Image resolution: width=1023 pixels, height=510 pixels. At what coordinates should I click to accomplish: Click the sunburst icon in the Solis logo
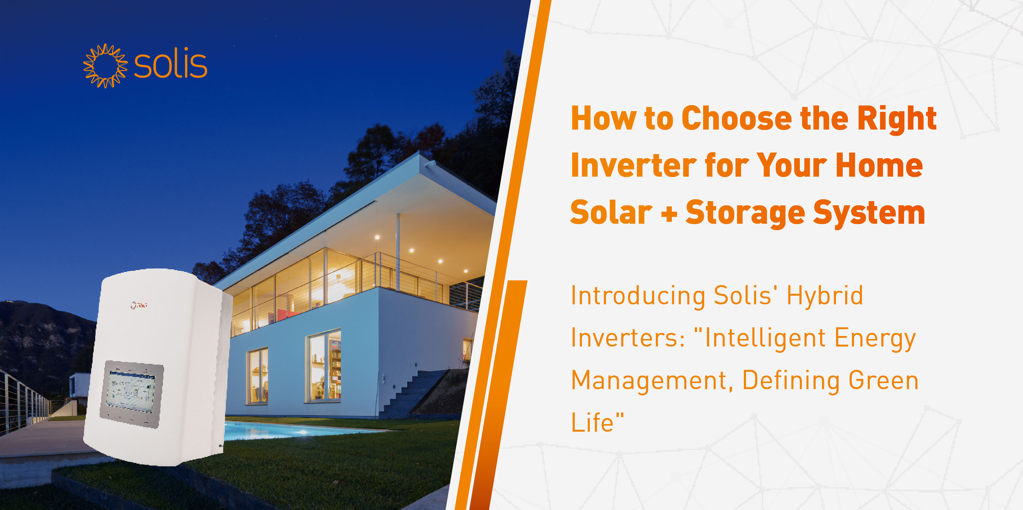click(x=105, y=66)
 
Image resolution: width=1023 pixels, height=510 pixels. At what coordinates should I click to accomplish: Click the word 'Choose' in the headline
click(x=737, y=118)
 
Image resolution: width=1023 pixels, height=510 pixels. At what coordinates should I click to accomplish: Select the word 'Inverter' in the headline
click(x=634, y=165)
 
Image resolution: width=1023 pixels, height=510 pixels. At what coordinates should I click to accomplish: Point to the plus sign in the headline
click(x=669, y=214)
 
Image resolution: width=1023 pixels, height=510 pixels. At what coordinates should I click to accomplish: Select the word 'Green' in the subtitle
click(x=883, y=380)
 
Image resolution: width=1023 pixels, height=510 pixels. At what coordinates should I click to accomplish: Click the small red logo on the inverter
click(x=139, y=305)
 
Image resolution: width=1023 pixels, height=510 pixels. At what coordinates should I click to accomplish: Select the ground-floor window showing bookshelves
click(x=323, y=366)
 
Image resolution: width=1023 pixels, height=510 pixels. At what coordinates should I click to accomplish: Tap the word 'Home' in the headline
click(x=879, y=165)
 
